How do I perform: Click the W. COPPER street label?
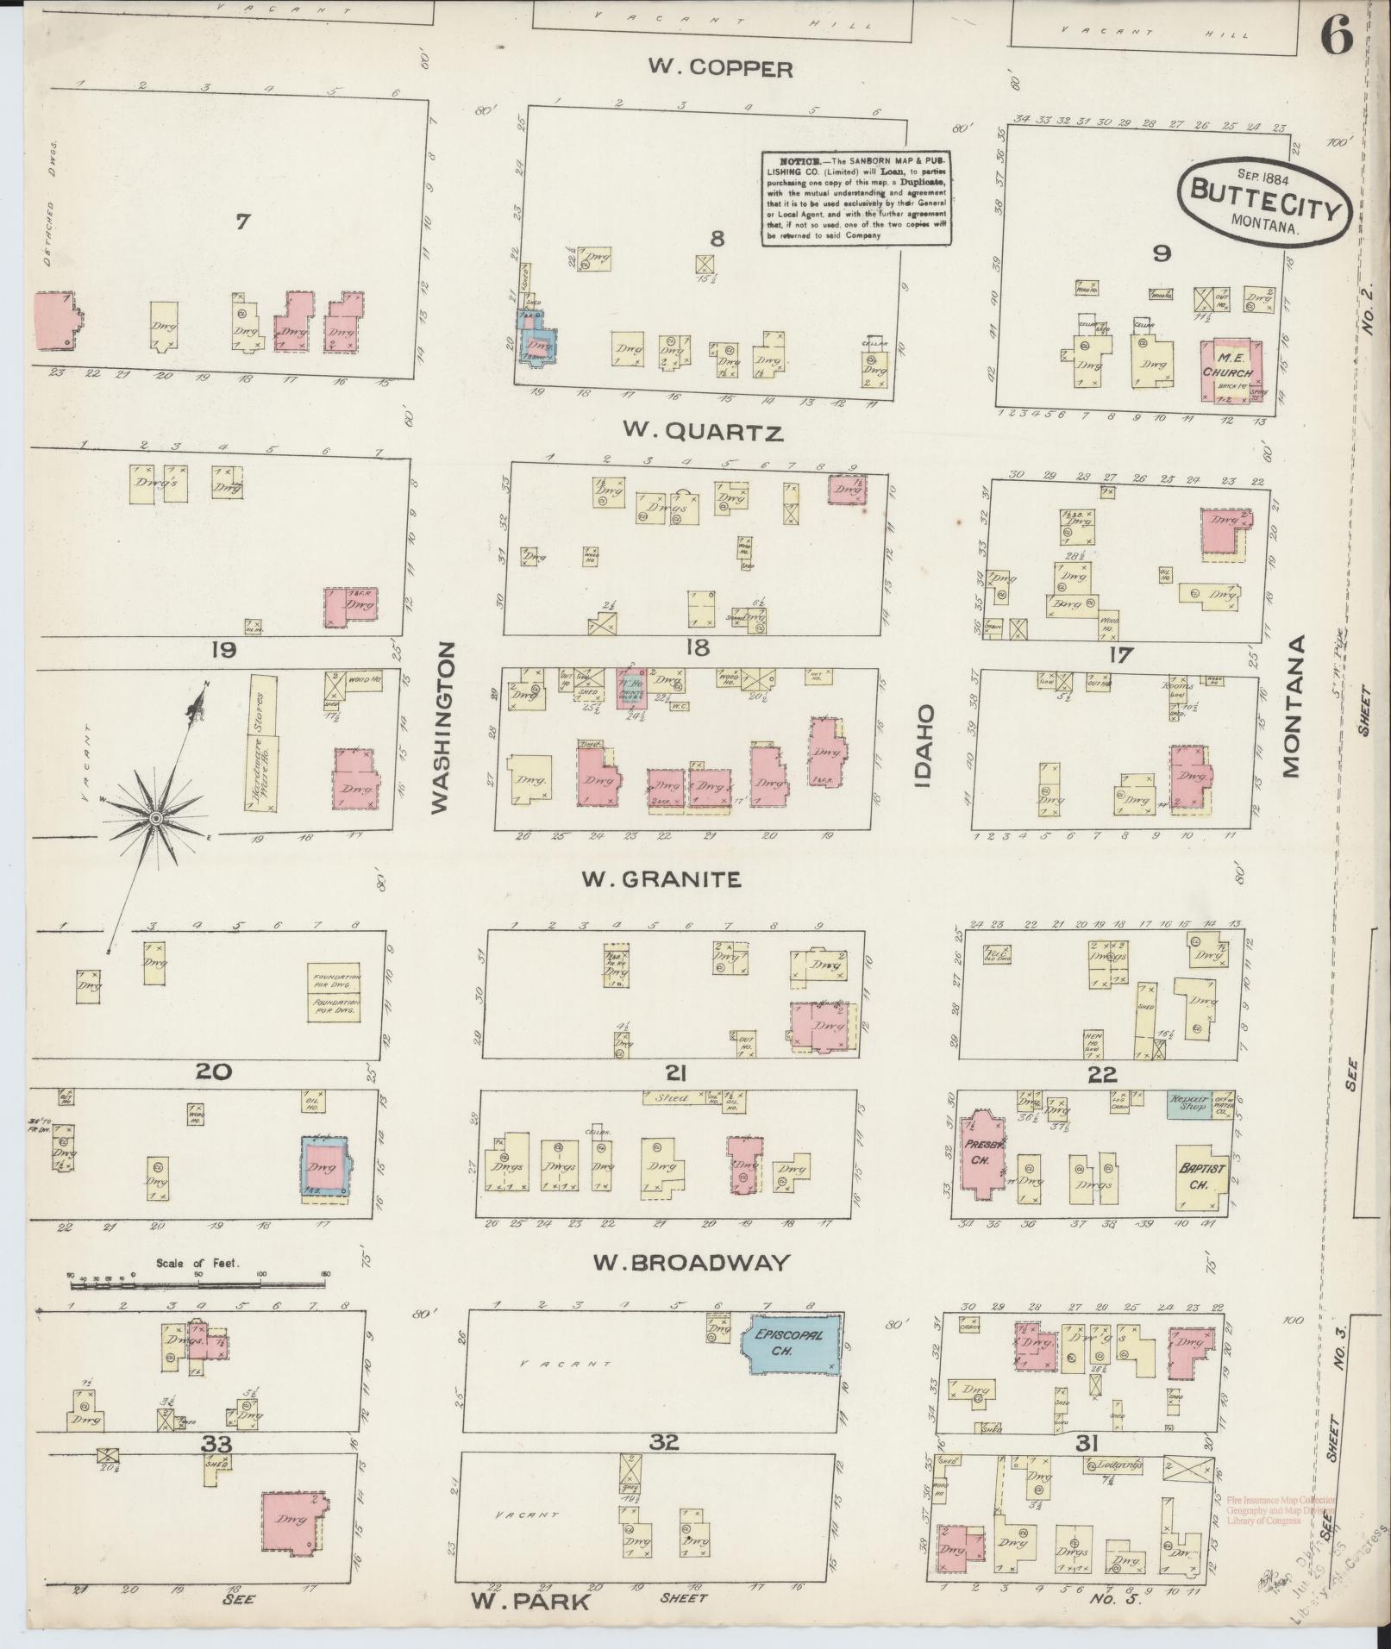(x=720, y=69)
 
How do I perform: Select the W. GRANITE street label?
(x=661, y=878)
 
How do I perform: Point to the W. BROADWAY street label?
(x=692, y=1263)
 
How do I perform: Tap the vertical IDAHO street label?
(x=925, y=746)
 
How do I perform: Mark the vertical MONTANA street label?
(x=1290, y=707)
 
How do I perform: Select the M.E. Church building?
(x=1227, y=372)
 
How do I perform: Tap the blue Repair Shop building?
(x=1187, y=1104)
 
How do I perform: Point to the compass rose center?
(x=155, y=816)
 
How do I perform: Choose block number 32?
(x=665, y=1442)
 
